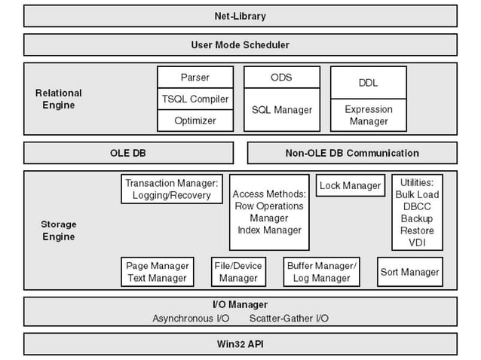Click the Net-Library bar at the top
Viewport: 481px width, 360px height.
(x=240, y=16)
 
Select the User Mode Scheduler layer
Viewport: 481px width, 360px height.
(x=240, y=45)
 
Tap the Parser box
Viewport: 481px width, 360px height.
(x=195, y=78)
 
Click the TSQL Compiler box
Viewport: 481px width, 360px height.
(x=195, y=99)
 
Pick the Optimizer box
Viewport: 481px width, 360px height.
(x=195, y=121)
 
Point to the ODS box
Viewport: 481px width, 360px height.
(x=281, y=78)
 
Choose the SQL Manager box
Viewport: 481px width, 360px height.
(x=281, y=110)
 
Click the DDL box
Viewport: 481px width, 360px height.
(x=369, y=83)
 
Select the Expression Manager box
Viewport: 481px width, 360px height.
(x=369, y=115)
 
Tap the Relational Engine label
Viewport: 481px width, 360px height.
(x=59, y=99)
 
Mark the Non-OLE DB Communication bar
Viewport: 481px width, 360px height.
(x=352, y=153)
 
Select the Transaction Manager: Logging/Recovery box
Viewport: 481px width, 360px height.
(x=172, y=189)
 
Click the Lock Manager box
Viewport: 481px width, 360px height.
(x=351, y=185)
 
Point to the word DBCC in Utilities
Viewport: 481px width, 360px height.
(x=417, y=206)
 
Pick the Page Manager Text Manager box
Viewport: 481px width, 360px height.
(x=157, y=272)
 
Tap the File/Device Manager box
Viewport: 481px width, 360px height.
(x=238, y=272)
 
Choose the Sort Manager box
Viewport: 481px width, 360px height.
(x=409, y=272)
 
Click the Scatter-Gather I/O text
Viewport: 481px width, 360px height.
(x=289, y=319)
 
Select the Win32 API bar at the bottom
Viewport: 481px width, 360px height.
(x=240, y=344)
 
